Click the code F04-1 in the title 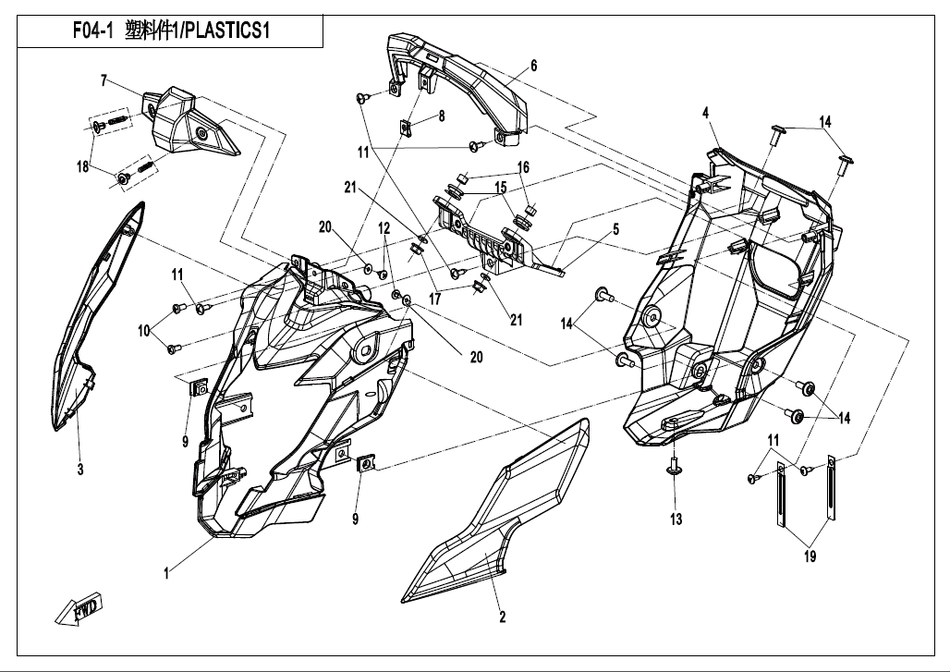click(x=92, y=31)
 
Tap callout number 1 click(x=166, y=574)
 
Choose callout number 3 click(x=80, y=470)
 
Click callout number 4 click(x=705, y=113)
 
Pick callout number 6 click(x=533, y=66)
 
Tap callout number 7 click(x=104, y=79)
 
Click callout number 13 click(x=676, y=519)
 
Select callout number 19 click(x=811, y=556)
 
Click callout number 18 click(x=83, y=166)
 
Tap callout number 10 click(x=144, y=330)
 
